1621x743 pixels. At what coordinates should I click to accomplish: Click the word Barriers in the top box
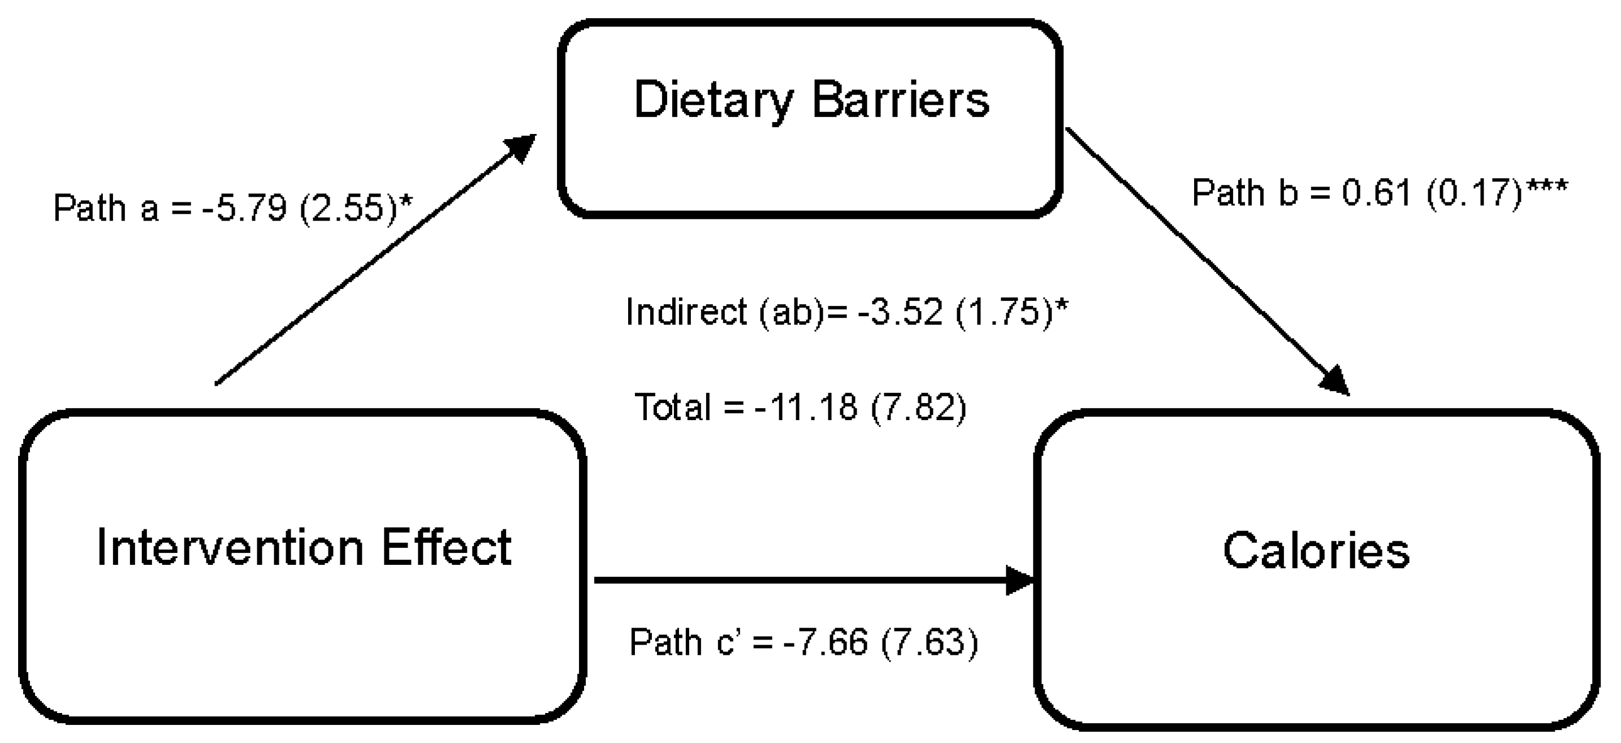click(x=901, y=100)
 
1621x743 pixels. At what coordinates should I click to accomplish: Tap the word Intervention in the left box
click(x=230, y=548)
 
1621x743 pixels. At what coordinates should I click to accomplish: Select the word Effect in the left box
click(x=446, y=547)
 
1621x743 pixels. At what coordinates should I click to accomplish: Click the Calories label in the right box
click(x=1316, y=551)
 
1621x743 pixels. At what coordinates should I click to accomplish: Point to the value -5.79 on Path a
click(x=244, y=208)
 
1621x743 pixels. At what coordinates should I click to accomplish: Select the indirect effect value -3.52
click(x=901, y=312)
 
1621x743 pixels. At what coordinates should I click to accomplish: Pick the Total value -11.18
click(x=806, y=407)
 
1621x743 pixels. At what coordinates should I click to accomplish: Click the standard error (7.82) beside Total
click(x=918, y=407)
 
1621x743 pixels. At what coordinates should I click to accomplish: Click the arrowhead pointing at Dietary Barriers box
click(x=520, y=146)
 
